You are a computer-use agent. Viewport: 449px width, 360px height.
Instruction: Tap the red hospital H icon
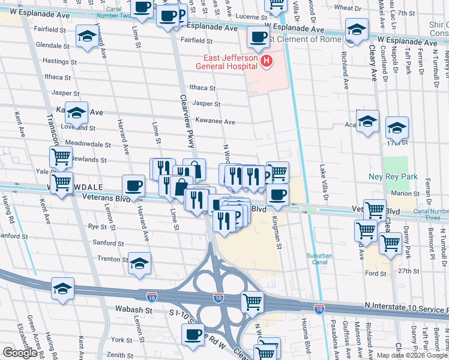(265, 61)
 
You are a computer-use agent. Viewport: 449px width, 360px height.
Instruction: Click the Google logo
(20, 353)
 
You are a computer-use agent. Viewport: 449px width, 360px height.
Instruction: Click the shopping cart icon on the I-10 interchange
(253, 301)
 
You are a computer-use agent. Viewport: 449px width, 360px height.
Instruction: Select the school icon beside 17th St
(397, 127)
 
